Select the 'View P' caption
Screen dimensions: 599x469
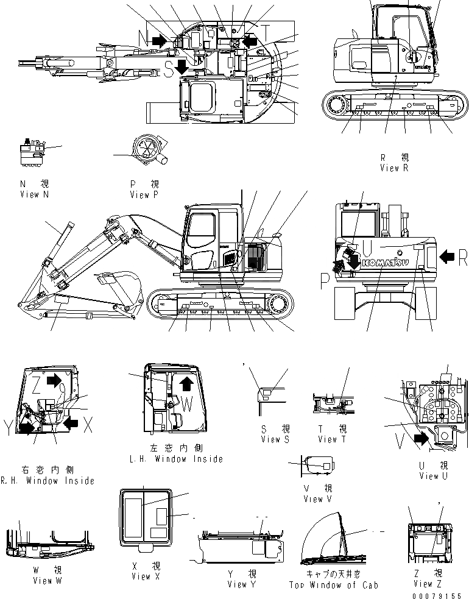click(x=144, y=195)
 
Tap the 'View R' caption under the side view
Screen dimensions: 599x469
click(x=393, y=168)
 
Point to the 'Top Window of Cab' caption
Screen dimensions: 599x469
click(x=333, y=585)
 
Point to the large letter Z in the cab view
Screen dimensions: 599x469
click(x=36, y=383)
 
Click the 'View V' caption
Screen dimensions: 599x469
click(x=317, y=499)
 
